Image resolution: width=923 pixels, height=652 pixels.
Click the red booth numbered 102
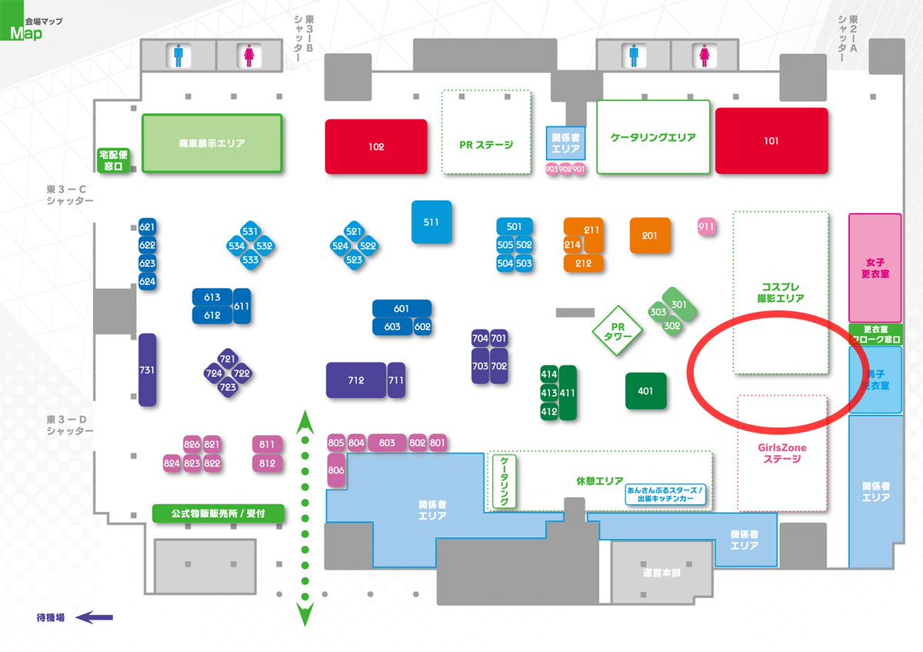click(375, 146)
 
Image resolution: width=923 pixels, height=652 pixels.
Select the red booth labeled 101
click(771, 141)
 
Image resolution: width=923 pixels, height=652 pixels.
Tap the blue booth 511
click(431, 222)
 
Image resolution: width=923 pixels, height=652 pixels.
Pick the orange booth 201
click(650, 236)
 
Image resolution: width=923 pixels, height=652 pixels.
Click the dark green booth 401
click(645, 391)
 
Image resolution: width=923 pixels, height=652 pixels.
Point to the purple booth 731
click(147, 369)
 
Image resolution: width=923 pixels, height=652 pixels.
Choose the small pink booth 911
click(707, 226)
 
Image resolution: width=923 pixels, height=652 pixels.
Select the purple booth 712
click(355, 380)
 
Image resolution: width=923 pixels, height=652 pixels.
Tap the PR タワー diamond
click(617, 331)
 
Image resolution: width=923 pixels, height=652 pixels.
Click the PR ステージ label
click(485, 144)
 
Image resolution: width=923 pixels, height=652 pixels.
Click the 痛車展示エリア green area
click(212, 143)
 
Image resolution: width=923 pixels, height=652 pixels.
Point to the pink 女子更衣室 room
click(875, 268)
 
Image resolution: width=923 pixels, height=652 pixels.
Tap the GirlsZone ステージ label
click(782, 453)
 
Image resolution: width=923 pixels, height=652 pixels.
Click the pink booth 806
click(336, 470)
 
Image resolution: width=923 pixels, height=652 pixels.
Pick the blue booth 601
click(402, 309)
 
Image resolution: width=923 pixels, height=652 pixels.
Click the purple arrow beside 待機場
click(96, 617)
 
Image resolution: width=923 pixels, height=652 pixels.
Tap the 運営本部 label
click(661, 573)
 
